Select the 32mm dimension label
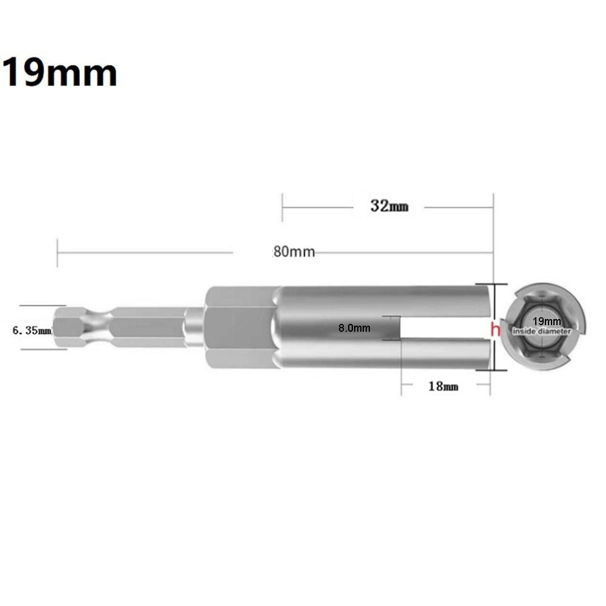[389, 206]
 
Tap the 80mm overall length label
[294, 252]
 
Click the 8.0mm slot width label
[354, 328]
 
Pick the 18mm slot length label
[443, 386]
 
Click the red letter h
[495, 329]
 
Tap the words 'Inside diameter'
[542, 331]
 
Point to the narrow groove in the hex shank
[100, 327]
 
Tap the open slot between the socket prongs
[445, 328]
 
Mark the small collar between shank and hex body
[194, 328]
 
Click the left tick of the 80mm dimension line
[58, 252]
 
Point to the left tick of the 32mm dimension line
[282, 207]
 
